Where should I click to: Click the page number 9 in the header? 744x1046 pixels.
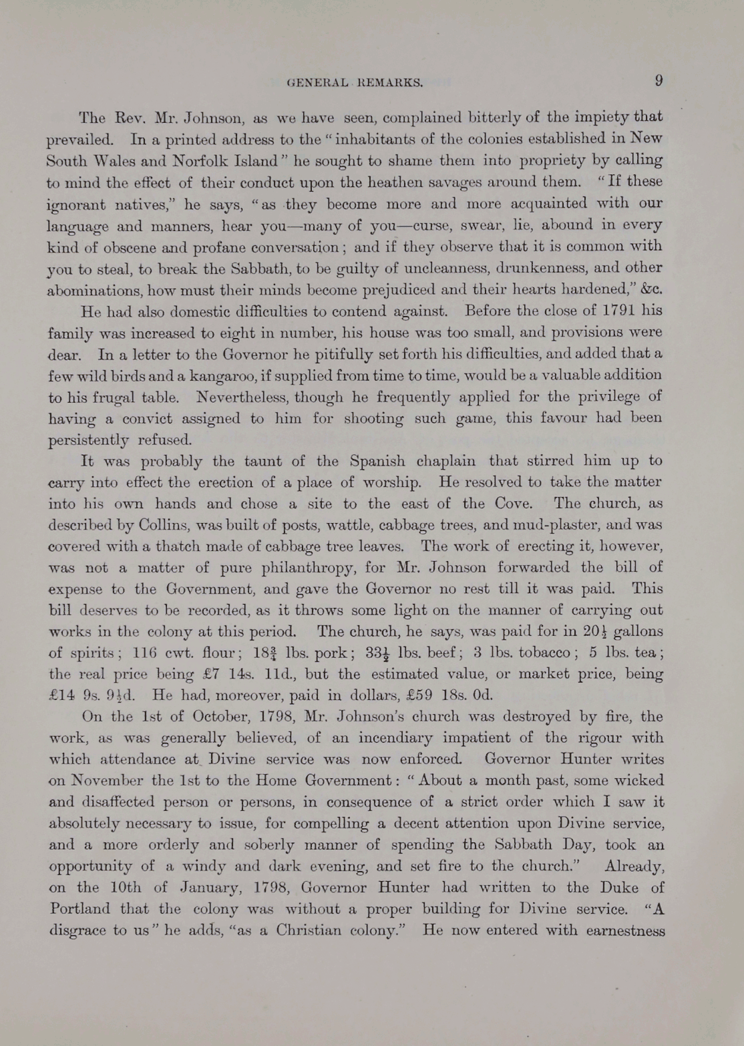[659, 81]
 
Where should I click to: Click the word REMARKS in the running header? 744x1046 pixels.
[390, 83]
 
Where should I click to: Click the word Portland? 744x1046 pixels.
[81, 909]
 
